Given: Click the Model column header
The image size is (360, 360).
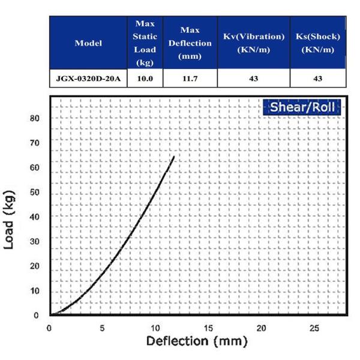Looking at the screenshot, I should pos(88,43).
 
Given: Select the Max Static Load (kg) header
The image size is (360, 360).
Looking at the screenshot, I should pos(145,43).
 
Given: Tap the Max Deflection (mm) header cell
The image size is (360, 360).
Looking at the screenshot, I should pos(190,43).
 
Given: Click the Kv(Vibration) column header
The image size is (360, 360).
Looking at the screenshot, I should pos(254,43).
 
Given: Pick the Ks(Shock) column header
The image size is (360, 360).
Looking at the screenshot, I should pos(318,43).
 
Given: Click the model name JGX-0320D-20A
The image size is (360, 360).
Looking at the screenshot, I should pos(88,79).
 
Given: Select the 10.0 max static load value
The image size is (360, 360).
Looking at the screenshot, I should pos(145,79).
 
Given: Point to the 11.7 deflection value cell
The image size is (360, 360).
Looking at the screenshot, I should pos(190,79).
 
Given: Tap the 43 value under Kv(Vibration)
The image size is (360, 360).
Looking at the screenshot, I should pos(254,79).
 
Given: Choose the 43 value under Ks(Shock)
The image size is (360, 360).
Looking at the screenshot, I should pos(318,79).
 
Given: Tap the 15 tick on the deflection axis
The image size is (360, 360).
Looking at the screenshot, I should pos(209,328).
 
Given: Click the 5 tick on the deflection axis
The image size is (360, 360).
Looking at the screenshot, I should pos(103,328).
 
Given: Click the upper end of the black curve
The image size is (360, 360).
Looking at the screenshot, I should pos(174,157).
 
